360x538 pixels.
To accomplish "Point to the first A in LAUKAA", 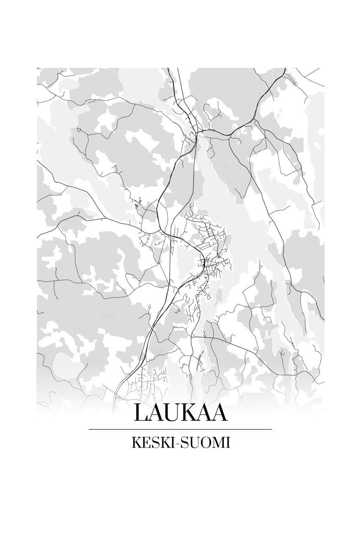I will coord(156,413).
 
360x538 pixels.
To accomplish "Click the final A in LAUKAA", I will coord(220,413).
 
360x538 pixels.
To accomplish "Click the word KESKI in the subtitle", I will coord(149,443).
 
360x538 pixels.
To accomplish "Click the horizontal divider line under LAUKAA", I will coord(180,429).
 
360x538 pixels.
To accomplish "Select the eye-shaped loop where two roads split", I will coord(164,216).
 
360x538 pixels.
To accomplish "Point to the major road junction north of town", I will coord(199,131).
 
